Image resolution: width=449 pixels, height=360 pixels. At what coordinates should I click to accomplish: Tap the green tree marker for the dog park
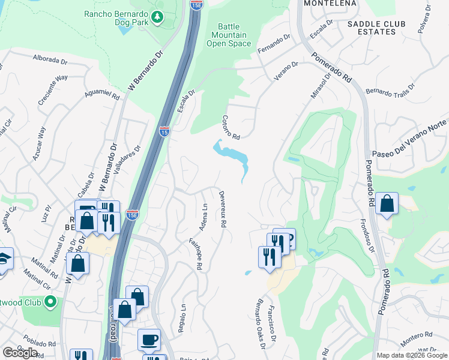click(157, 17)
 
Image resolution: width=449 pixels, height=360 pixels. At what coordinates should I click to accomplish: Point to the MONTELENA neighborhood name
click(330, 3)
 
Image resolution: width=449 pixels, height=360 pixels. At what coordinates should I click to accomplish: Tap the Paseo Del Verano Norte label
click(412, 139)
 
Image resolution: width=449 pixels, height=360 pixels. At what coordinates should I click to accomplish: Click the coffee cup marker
click(149, 340)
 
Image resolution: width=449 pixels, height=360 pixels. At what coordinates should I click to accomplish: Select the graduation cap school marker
click(3, 259)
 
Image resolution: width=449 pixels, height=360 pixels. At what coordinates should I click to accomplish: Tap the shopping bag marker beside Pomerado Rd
click(388, 204)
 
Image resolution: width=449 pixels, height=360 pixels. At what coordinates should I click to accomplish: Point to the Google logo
click(20, 353)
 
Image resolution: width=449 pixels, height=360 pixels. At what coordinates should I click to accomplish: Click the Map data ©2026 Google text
click(411, 355)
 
